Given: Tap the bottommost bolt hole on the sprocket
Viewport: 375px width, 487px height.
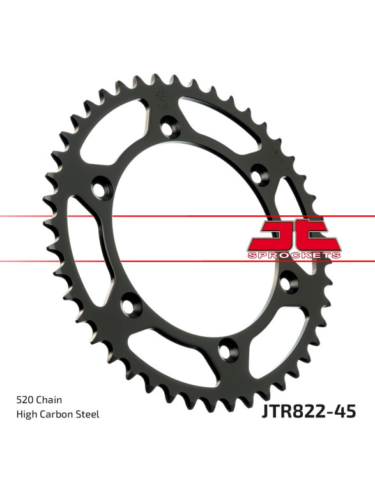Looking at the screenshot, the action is coord(229,350).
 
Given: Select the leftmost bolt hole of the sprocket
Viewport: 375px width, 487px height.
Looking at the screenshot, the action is coord(102,188).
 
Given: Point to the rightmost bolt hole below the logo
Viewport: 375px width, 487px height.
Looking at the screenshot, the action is coord(289,281).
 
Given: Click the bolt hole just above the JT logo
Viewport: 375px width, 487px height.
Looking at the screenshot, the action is coord(260,175).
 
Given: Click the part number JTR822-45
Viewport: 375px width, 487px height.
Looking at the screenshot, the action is coord(309,412).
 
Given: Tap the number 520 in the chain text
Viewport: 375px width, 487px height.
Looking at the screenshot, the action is coord(25,399).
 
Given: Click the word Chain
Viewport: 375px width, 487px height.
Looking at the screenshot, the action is coord(49,399).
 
